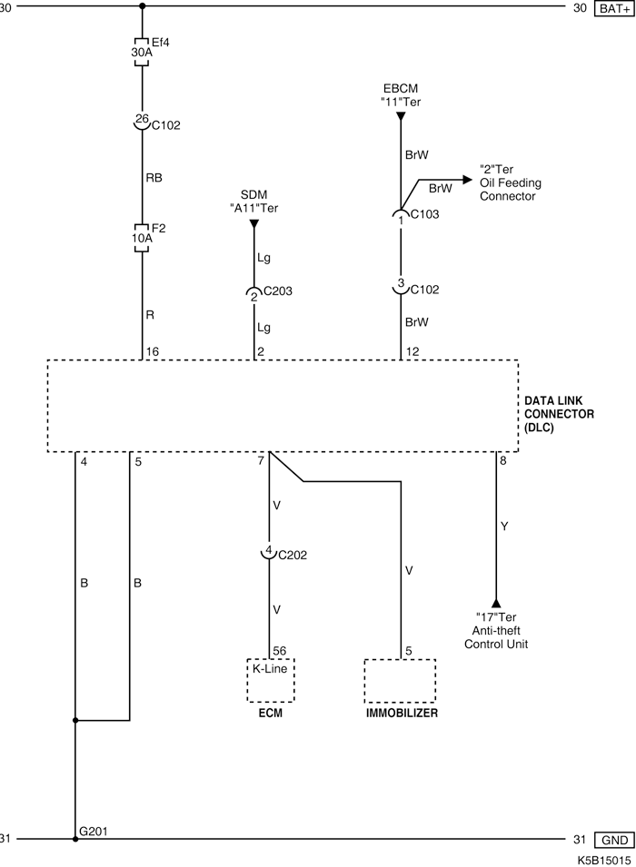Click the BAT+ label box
(x=613, y=9)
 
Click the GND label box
(x=613, y=840)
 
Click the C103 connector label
(x=424, y=215)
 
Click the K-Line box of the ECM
(x=271, y=680)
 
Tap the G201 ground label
(x=94, y=831)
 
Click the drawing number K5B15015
(x=601, y=858)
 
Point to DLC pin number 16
(x=152, y=350)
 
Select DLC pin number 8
(x=503, y=461)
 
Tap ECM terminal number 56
(x=281, y=650)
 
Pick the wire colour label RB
(x=154, y=179)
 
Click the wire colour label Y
(x=505, y=526)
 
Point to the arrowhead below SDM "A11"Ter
(x=255, y=223)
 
